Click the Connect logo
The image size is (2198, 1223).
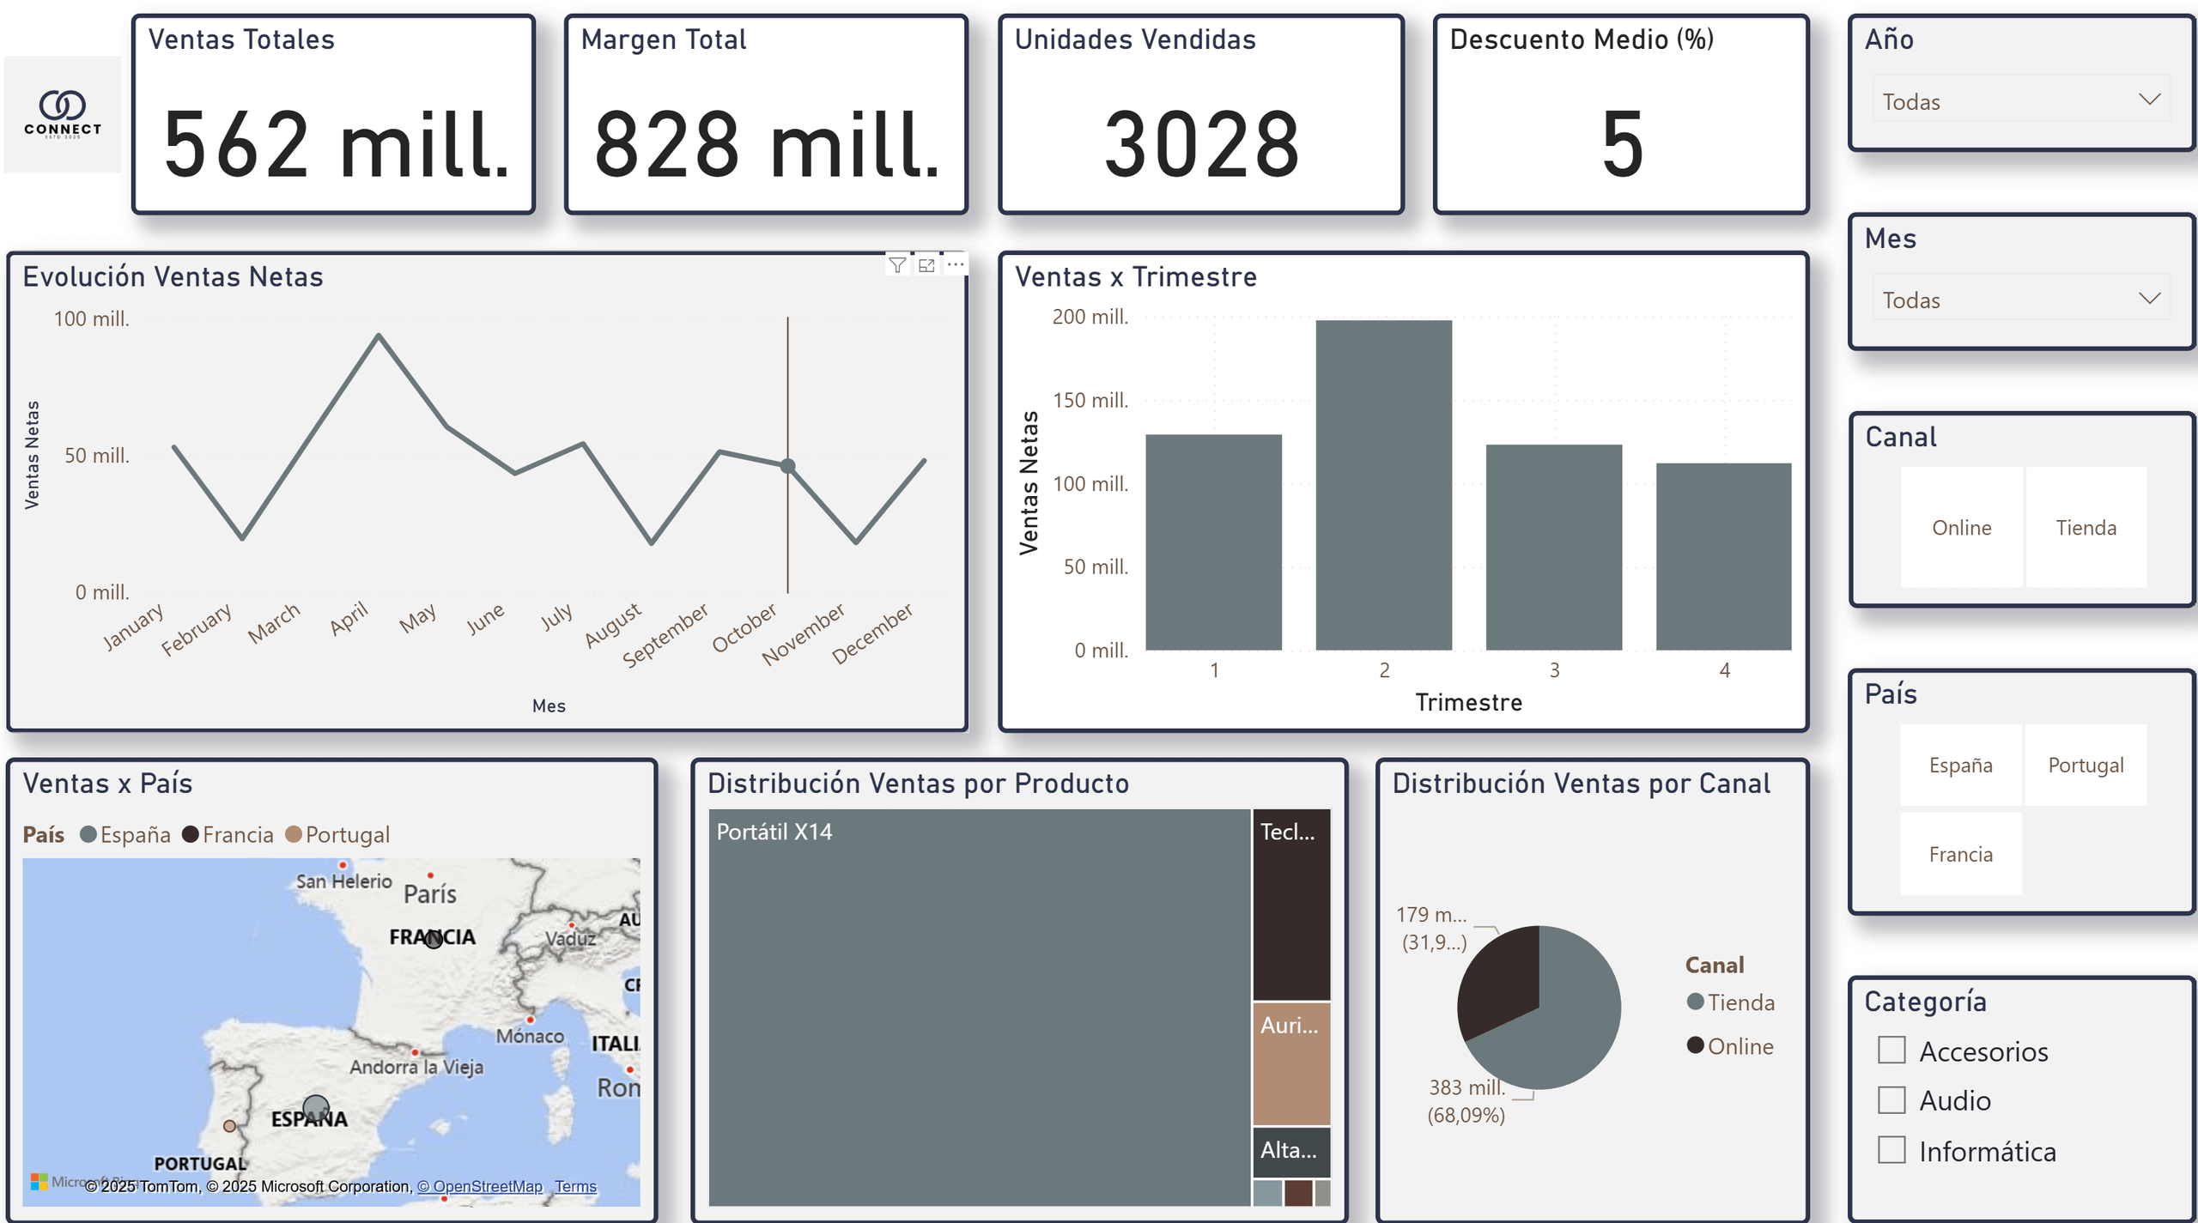coord(63,113)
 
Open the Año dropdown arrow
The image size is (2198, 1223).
coord(2149,100)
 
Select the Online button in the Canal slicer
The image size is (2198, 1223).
coord(1961,527)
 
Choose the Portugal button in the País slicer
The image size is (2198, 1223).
coord(2086,765)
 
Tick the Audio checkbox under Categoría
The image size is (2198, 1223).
coord(1891,1100)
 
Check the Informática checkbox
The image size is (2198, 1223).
coord(1891,1150)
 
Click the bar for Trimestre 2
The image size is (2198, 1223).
coord(1383,485)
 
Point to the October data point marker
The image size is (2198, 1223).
coord(787,466)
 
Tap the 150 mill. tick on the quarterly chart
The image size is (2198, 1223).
coord(1090,400)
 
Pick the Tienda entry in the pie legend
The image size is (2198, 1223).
coord(1740,1002)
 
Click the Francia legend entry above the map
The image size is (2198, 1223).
coord(237,834)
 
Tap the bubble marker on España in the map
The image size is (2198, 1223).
coord(316,1108)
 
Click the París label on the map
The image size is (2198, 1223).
coord(429,894)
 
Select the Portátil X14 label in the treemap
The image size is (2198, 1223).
coord(774,832)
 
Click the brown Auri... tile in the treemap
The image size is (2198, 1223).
coord(1290,1063)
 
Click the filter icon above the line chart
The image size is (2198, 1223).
coord(897,265)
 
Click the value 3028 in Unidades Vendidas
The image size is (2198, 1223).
coord(1201,143)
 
